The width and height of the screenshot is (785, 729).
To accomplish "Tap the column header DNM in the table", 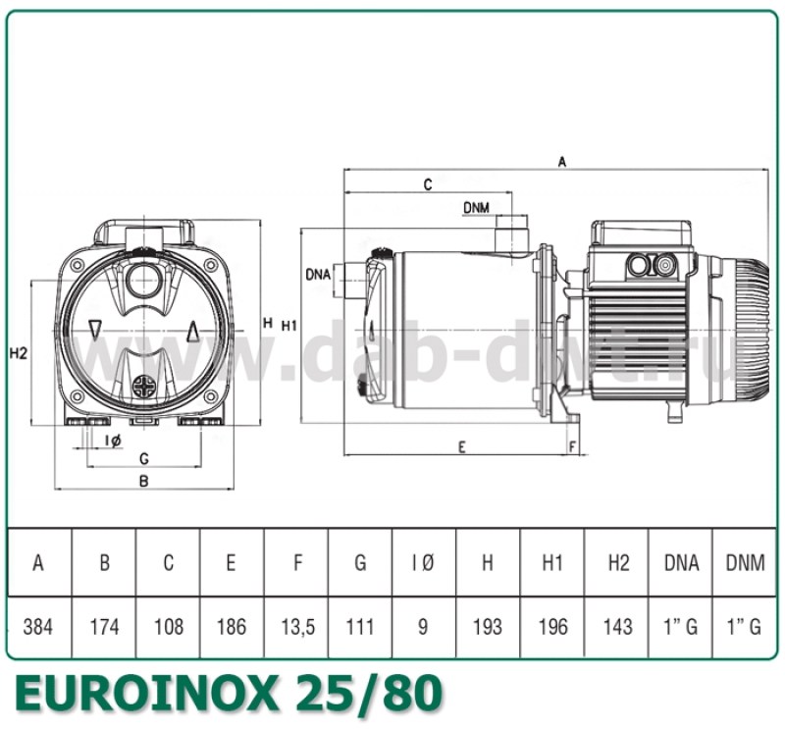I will pos(744,563).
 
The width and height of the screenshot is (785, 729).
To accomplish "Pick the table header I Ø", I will pos(423,563).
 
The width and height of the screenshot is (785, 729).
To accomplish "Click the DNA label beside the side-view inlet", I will pos(318,273).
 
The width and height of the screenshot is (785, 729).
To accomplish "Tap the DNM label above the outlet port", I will pos(477,207).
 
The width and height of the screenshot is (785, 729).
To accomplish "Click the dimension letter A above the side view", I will pos(562,163).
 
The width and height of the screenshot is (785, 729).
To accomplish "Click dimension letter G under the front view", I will pos(143,458).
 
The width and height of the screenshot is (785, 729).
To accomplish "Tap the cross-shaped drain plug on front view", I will pos(144,385).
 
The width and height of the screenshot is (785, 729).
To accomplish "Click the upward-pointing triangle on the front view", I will pos(193,330).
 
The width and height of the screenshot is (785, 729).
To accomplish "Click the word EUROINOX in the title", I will pos(139,695).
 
